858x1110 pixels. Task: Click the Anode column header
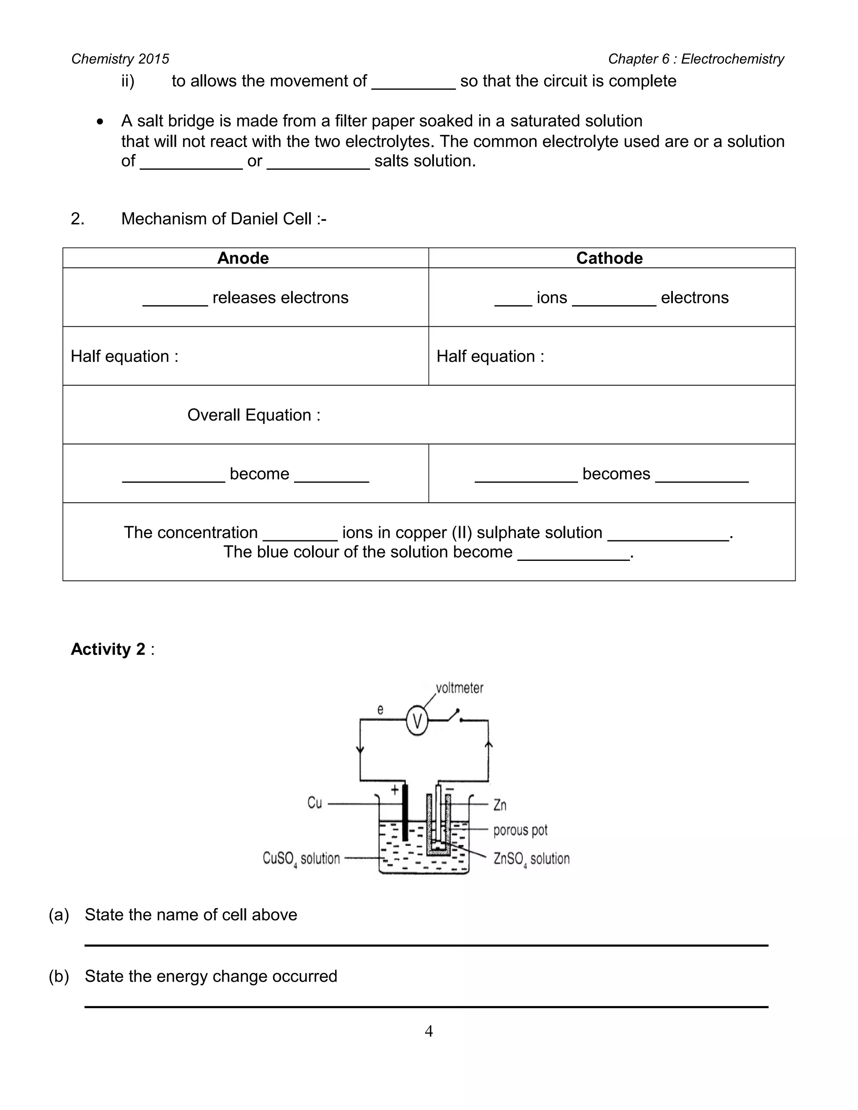click(x=243, y=258)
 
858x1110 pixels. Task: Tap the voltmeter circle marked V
click(x=417, y=721)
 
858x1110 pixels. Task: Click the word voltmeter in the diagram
click(x=460, y=688)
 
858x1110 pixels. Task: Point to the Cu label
click(x=315, y=803)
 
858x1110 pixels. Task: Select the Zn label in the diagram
click(x=500, y=805)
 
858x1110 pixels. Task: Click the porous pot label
click(x=520, y=830)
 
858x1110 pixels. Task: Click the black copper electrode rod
click(x=405, y=813)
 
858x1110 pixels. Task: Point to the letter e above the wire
click(x=380, y=710)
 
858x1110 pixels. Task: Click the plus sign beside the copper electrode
click(x=394, y=790)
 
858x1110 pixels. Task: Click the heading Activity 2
click(x=108, y=649)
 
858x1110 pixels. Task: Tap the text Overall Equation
click(x=253, y=415)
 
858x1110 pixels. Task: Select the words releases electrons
click(x=280, y=297)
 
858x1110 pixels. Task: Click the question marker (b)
click(x=59, y=976)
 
